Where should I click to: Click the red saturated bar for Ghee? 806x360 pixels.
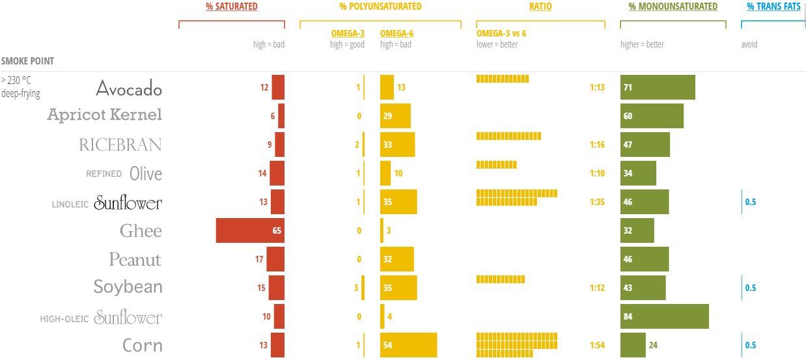[250, 230]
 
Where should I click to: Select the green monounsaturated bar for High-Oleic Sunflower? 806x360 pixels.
[664, 316]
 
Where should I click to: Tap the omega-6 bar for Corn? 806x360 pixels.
[408, 345]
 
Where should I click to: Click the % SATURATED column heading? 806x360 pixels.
[232, 7]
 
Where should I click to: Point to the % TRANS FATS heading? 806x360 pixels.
[773, 7]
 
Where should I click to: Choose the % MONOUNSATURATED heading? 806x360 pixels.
[673, 7]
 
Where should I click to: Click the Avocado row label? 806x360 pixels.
[129, 88]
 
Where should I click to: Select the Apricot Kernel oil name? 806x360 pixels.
[104, 115]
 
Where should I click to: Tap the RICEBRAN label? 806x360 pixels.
[120, 145]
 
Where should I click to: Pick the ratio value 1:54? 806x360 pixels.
[597, 345]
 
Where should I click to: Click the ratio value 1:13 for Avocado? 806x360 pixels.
[597, 87]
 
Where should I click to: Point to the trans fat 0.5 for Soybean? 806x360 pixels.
[751, 288]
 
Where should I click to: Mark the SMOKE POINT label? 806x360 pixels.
[27, 61]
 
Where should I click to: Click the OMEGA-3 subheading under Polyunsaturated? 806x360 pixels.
[348, 33]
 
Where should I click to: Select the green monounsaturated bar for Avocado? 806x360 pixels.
[658, 87]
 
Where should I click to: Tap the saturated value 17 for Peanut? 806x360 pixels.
[259, 259]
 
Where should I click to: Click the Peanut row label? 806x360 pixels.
[135, 260]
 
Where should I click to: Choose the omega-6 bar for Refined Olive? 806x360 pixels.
[385, 173]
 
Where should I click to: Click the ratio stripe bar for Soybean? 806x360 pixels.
[500, 279]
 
